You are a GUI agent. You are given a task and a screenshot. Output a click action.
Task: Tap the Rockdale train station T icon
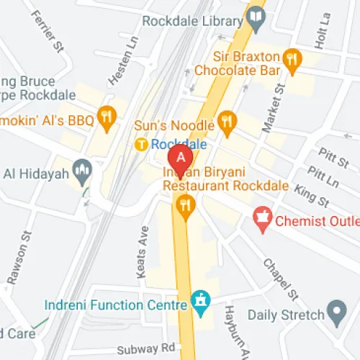(x=143, y=145)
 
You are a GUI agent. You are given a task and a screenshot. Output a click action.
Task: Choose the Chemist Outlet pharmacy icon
(x=262, y=215)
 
